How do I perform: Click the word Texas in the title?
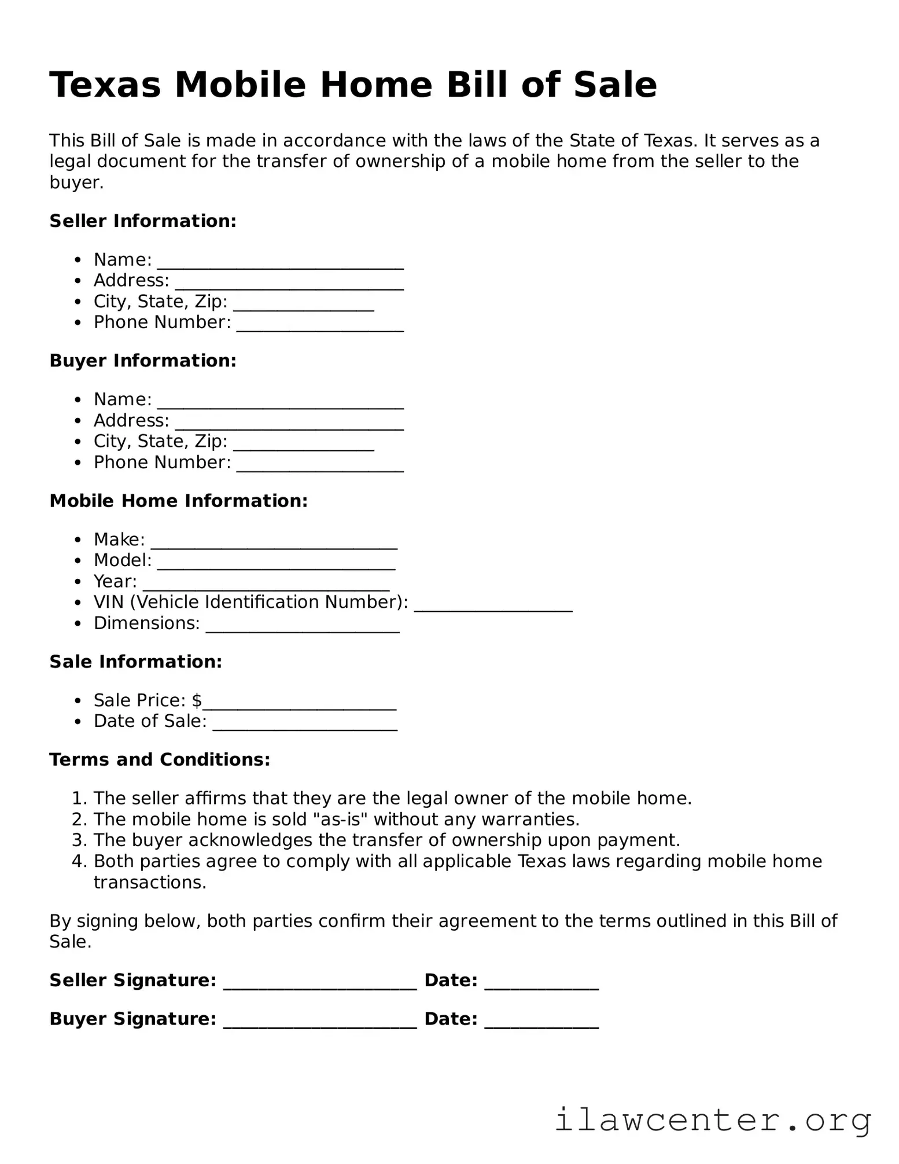tap(105, 85)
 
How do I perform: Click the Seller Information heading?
tap(143, 221)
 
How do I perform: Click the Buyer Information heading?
tap(143, 361)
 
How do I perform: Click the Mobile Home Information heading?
tap(179, 501)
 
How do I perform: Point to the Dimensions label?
tap(146, 623)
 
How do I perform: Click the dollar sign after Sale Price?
tap(197, 700)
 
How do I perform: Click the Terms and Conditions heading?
tap(160, 759)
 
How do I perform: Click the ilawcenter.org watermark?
tap(713, 1121)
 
